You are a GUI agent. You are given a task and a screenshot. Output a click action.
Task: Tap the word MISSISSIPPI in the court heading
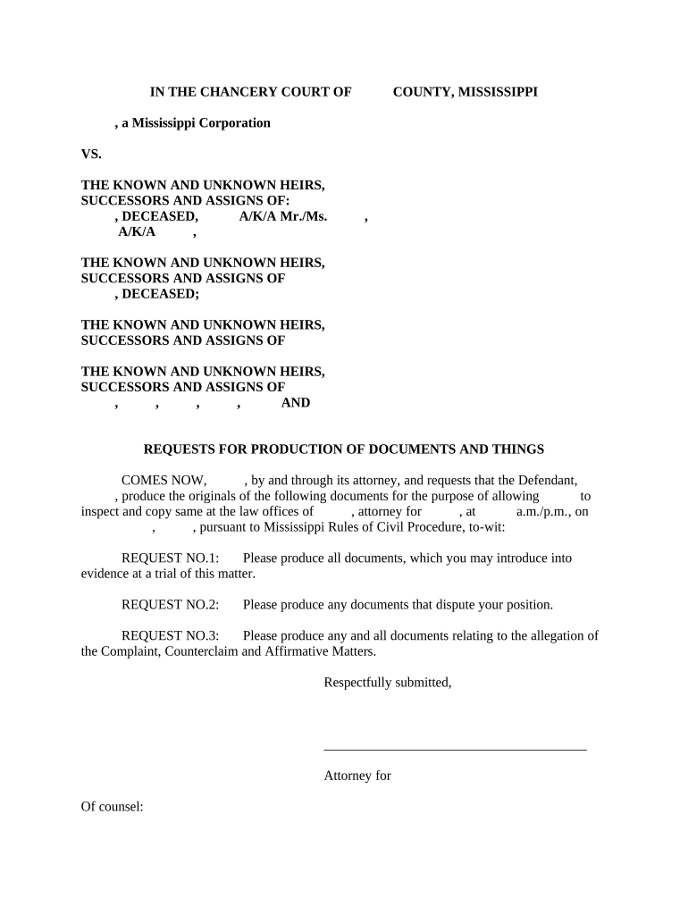click(498, 91)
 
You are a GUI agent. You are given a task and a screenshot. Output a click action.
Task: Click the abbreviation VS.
click(91, 154)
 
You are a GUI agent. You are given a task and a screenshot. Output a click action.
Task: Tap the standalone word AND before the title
click(296, 403)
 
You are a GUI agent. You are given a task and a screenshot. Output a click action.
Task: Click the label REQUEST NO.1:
click(170, 558)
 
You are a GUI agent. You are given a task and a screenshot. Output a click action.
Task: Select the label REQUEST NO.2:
click(170, 605)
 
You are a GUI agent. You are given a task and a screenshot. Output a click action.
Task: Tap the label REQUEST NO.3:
click(170, 636)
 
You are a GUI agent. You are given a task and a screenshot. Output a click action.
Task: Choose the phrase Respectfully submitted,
click(387, 683)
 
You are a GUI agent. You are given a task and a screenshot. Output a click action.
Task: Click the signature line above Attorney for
click(455, 750)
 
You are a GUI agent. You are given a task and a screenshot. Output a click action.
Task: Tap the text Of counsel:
click(113, 807)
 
